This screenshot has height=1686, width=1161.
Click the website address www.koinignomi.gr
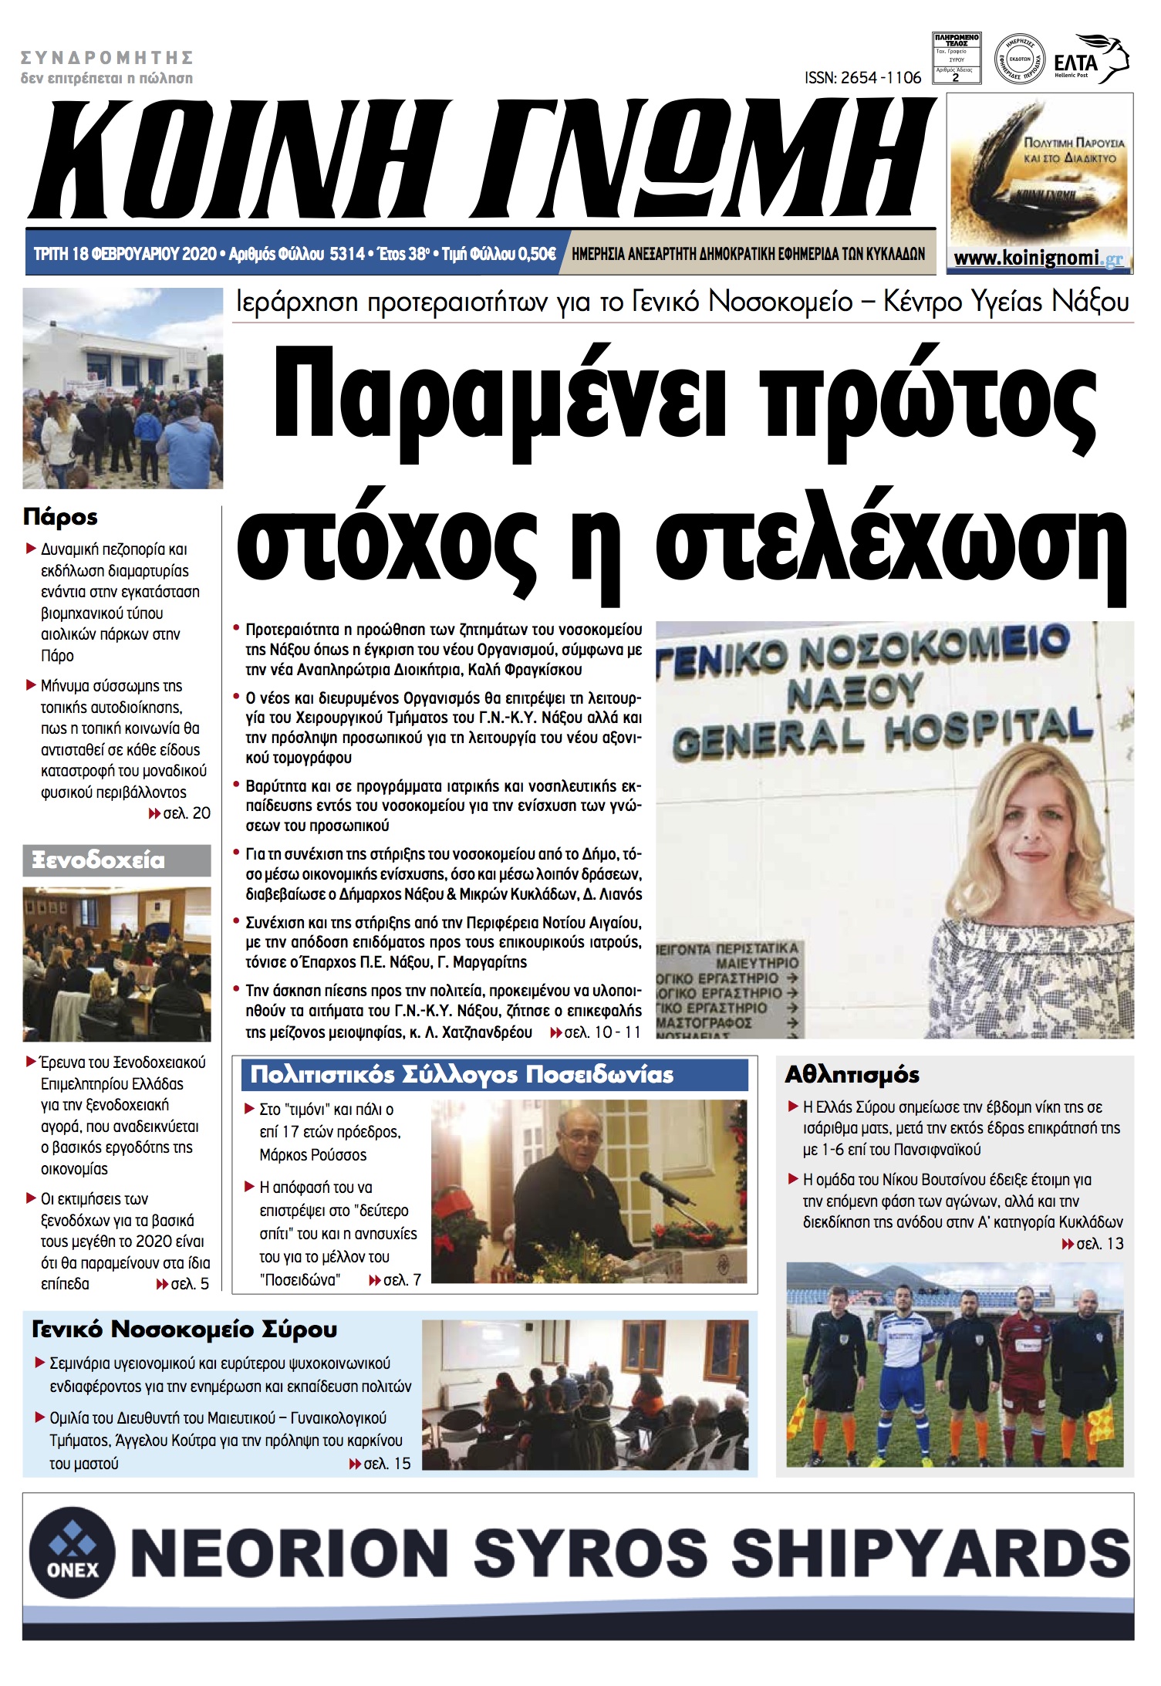1038,258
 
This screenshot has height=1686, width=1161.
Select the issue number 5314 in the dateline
346,254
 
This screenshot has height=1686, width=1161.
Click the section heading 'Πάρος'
60,517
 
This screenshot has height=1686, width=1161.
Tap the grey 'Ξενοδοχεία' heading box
116,860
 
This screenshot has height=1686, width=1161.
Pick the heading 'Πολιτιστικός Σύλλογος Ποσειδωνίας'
461,1075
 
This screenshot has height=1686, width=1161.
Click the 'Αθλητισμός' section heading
852,1075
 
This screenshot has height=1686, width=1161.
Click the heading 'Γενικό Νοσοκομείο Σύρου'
184,1330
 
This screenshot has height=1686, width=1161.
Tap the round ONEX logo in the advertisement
73,1551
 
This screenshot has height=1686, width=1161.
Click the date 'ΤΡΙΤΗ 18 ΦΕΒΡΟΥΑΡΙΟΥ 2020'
125,254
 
